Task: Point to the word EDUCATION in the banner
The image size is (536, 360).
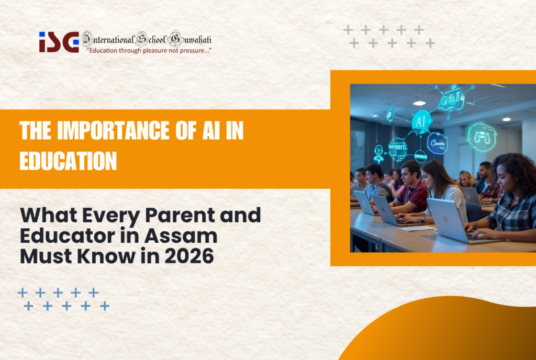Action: (68, 161)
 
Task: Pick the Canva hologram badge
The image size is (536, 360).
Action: (437, 142)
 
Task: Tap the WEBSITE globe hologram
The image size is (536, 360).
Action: (398, 148)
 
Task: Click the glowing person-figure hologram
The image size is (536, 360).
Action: (378, 153)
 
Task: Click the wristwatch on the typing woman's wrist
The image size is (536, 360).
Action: (422, 219)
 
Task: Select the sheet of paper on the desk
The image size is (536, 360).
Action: (418, 228)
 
